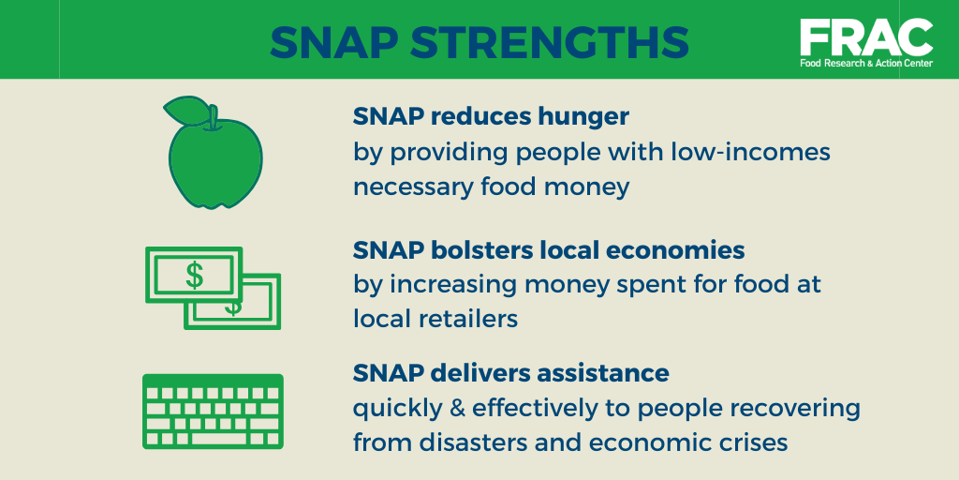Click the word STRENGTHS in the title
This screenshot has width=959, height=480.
[x=550, y=41]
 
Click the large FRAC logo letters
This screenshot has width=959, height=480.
[x=866, y=37]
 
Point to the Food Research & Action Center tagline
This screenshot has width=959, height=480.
[x=866, y=63]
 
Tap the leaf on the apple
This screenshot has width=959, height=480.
[x=186, y=112]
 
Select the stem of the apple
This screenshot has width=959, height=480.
[x=213, y=118]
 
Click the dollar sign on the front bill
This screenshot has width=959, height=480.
[x=195, y=275]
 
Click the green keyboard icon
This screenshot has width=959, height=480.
[x=213, y=412]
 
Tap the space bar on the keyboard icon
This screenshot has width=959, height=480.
[x=218, y=439]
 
